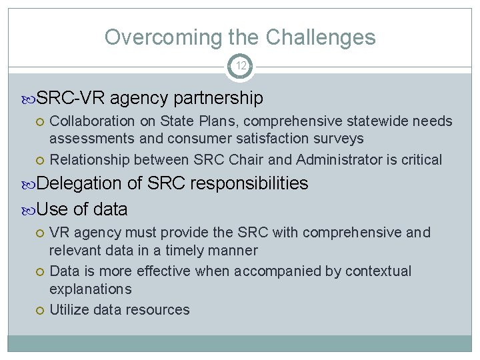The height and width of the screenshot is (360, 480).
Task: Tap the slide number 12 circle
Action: (x=240, y=65)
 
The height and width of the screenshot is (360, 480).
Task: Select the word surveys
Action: (x=340, y=139)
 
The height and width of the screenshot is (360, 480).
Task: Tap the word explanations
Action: (x=91, y=289)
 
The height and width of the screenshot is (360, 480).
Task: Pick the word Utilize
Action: (x=70, y=309)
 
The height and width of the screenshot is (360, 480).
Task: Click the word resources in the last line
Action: (x=159, y=309)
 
